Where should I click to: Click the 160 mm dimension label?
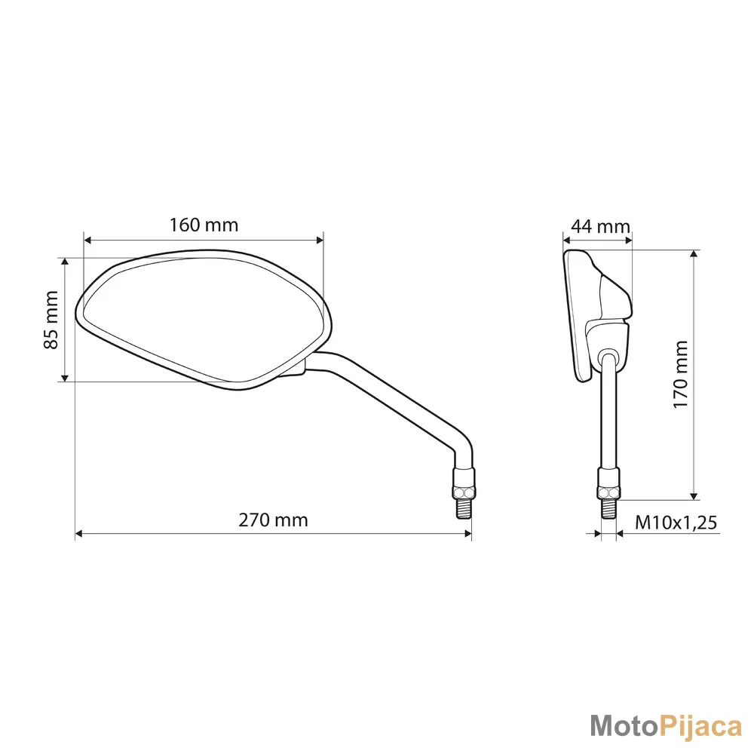coord(204,225)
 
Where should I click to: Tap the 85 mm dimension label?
coord(51,320)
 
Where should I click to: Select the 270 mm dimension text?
coord(273,520)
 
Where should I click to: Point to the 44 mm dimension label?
coord(601,226)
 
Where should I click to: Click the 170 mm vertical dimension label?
coord(680,375)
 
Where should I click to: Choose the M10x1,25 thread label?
coord(676,523)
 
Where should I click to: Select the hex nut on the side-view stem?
coord(608,492)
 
